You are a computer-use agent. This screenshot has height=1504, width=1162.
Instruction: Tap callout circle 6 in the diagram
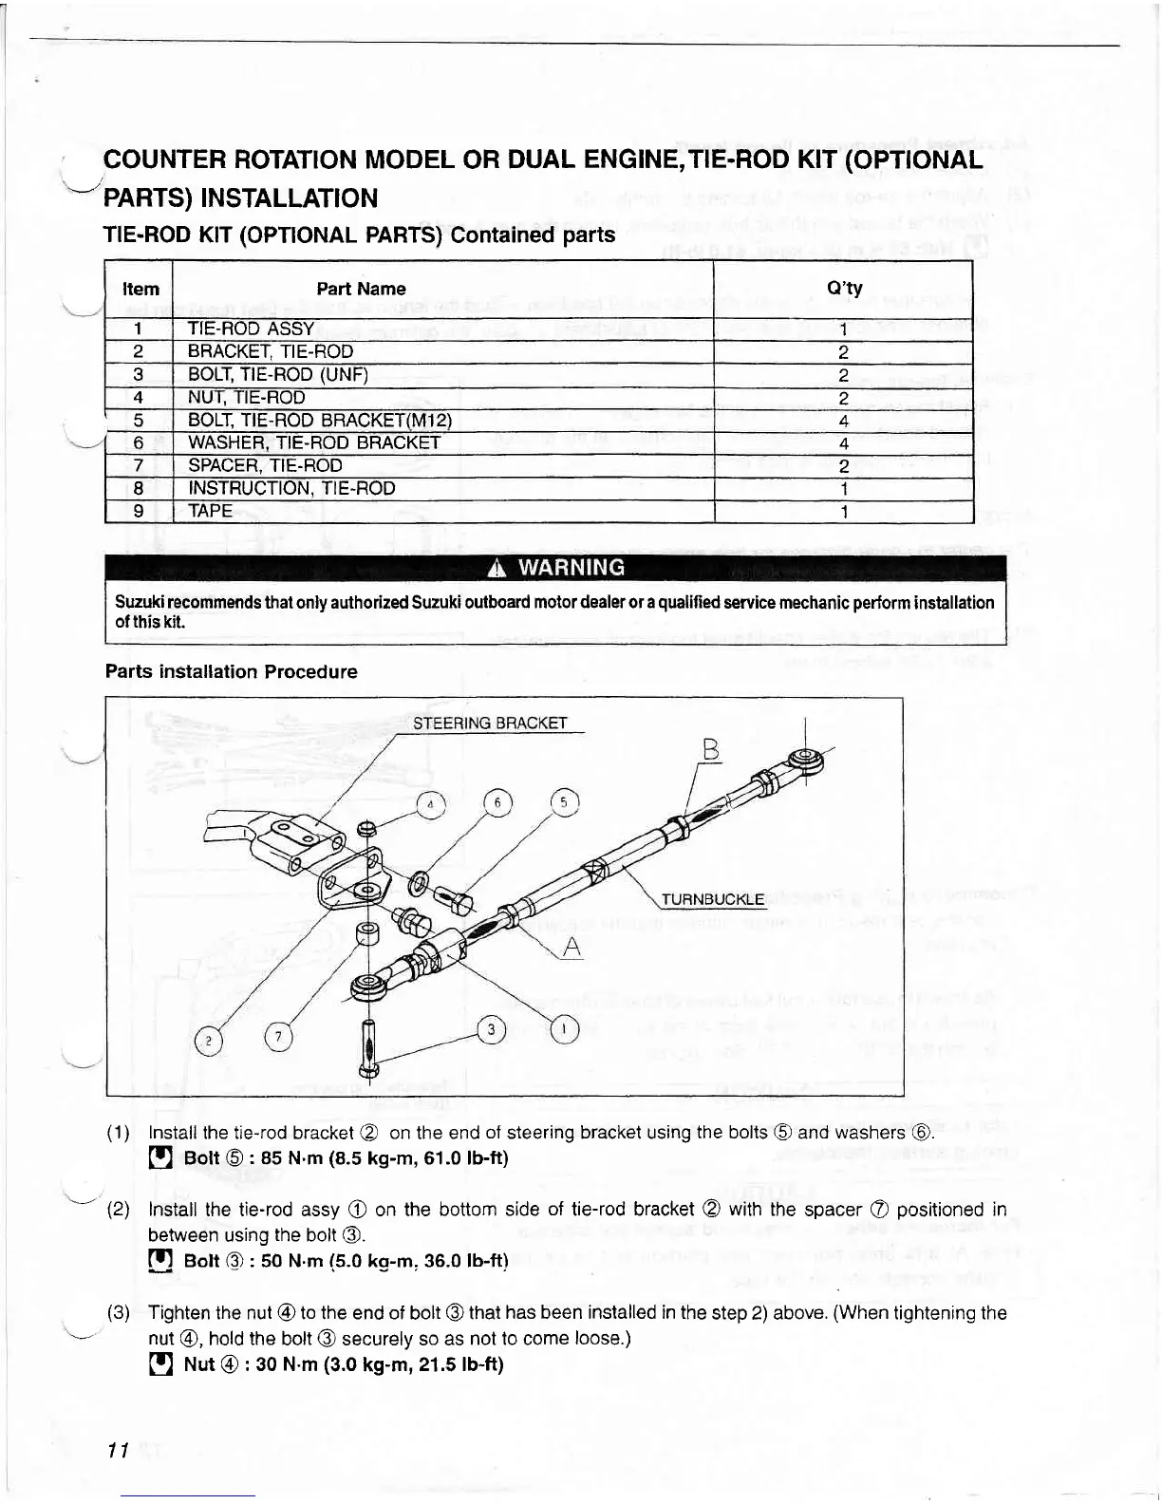[497, 803]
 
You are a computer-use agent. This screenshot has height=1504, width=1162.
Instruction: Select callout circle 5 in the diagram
[564, 803]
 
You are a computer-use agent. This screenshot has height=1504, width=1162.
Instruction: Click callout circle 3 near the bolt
[491, 1029]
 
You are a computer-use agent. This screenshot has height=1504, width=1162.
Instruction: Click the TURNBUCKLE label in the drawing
[712, 899]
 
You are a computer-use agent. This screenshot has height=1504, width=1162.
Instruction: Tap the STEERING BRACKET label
[490, 724]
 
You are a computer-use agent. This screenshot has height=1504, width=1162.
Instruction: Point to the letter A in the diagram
[571, 947]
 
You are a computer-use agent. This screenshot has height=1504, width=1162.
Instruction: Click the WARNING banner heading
[555, 568]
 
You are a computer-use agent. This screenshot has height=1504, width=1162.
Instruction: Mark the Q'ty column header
[844, 288]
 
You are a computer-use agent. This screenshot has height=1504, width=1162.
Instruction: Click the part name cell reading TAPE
[211, 511]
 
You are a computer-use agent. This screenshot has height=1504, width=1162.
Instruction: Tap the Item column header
[141, 289]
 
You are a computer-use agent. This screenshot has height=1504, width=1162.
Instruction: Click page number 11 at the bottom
[118, 1451]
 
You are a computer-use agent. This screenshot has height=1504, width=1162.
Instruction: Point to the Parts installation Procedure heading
[232, 671]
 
